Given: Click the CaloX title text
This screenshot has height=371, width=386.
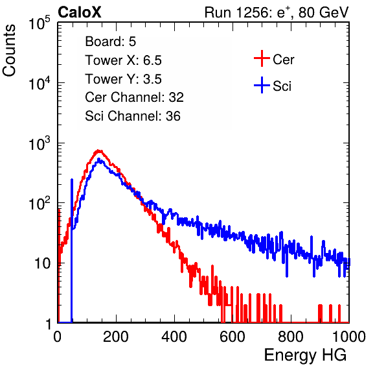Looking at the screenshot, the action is pos(80,12).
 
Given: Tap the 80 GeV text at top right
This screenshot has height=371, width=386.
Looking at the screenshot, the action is pos(323,12).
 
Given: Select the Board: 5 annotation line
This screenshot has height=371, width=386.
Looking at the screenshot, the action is pos(111,42).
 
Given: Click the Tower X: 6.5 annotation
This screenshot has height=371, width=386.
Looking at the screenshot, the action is pos(123,60).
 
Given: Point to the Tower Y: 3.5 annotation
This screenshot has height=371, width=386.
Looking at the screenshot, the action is pos(123,79).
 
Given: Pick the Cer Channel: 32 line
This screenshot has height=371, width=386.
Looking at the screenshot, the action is pos(135,97).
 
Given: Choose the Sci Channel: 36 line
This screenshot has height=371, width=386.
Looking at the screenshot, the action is pos(133,116).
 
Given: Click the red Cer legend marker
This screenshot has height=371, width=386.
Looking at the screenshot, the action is pos(262,58).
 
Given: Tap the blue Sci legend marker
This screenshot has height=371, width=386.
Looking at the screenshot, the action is pos(262,85).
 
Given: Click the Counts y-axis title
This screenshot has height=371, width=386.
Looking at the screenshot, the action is pos(9,51).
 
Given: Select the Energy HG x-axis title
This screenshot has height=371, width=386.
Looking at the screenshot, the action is pos(305,355).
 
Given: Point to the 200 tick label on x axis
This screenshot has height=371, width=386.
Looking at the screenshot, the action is pos(116,337).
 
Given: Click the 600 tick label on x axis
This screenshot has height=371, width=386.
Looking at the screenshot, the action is pos(233,337).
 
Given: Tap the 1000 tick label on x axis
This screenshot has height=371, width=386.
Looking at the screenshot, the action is pos(349,337).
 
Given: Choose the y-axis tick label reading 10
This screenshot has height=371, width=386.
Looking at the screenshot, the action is pos(42,263).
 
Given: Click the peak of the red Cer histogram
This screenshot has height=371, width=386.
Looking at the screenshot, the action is pos(98,150).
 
